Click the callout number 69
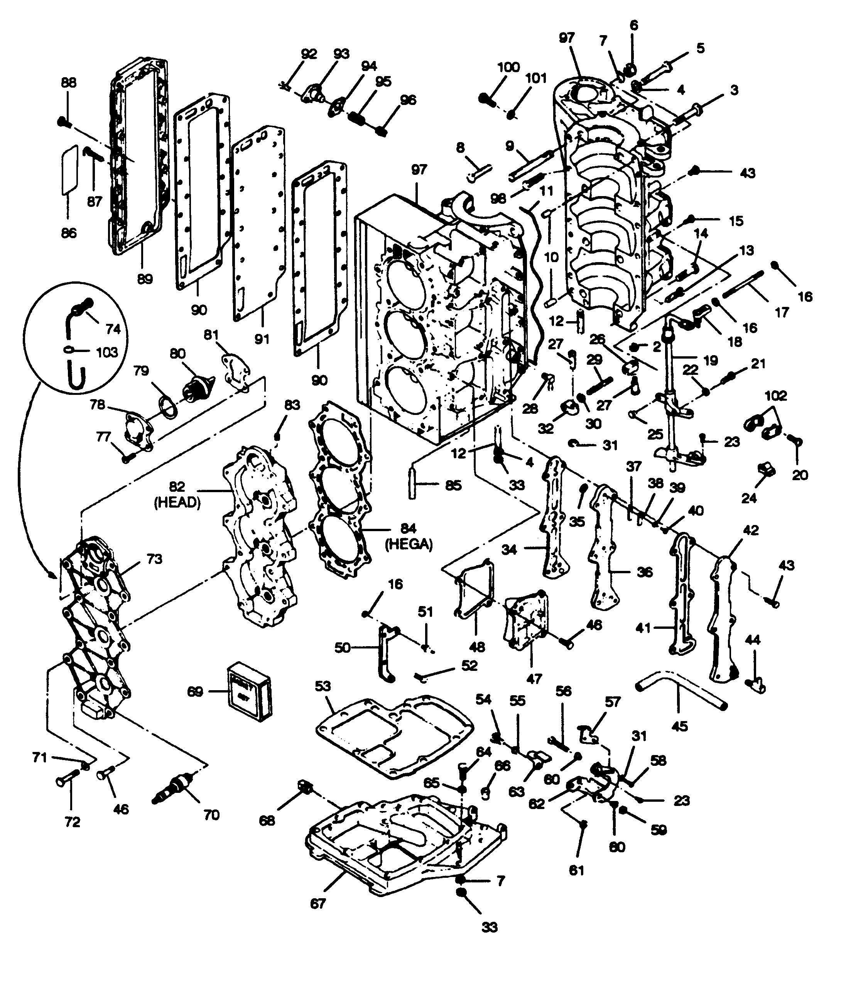pyautogui.click(x=194, y=692)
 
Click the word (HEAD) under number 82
pyautogui.click(x=177, y=503)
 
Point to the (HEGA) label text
pyautogui.click(x=409, y=545)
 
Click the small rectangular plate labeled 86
pyautogui.click(x=69, y=169)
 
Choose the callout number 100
pyautogui.click(x=508, y=67)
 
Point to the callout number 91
pyautogui.click(x=262, y=339)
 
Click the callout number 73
pyautogui.click(x=154, y=559)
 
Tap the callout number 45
pyautogui.click(x=679, y=726)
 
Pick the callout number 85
pyautogui.click(x=453, y=486)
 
